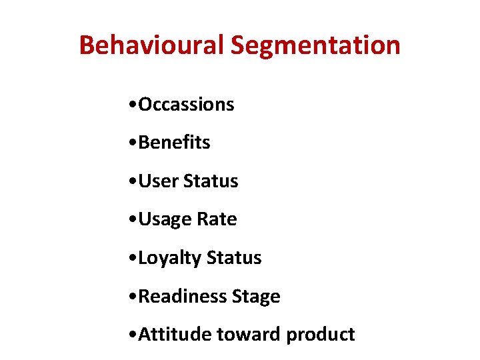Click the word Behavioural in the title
click(x=151, y=45)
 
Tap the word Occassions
click(x=186, y=105)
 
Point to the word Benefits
click(x=174, y=143)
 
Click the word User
click(x=158, y=181)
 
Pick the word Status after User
click(x=211, y=181)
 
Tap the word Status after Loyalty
click(x=234, y=258)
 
